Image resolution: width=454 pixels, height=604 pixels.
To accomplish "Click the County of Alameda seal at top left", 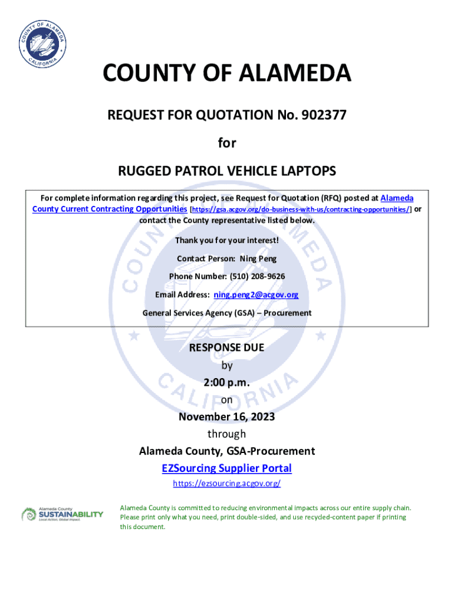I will tap(41, 44).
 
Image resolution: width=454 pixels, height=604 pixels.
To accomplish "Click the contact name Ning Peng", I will tap(258, 259).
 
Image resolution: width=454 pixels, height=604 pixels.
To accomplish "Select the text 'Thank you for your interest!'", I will tap(227, 241).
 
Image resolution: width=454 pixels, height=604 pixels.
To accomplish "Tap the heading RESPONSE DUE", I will tap(226, 348).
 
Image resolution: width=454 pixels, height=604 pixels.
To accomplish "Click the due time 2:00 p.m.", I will tap(226, 383).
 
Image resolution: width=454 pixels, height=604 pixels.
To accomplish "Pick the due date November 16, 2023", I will tap(226, 417).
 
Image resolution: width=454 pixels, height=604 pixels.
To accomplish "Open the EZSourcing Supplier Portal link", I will tap(226, 468).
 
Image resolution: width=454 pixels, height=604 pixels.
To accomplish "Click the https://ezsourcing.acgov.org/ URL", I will tap(226, 484).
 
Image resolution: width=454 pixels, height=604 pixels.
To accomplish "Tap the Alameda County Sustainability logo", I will tap(62, 514).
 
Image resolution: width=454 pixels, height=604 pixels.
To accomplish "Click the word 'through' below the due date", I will tap(226, 434).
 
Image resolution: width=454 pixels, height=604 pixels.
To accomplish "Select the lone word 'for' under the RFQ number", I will tap(226, 143).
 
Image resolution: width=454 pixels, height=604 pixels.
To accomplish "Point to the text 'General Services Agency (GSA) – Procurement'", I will tap(227, 313).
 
